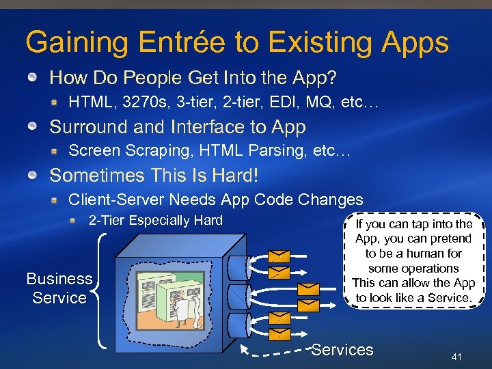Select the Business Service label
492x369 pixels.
59,288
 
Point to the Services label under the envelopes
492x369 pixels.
342,350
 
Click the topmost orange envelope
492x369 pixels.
279,257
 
